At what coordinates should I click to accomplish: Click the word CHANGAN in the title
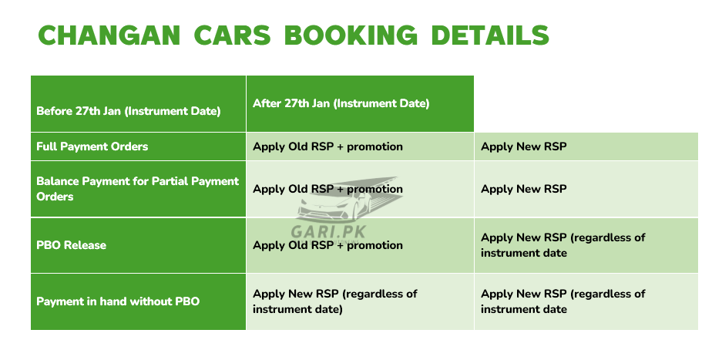[x=109, y=35]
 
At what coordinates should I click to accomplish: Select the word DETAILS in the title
[x=490, y=35]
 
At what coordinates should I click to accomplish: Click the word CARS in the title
[x=232, y=35]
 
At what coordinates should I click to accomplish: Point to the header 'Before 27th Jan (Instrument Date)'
[x=128, y=112]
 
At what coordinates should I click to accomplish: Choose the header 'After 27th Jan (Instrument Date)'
[x=341, y=103]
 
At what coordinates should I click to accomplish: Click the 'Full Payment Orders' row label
[x=92, y=146]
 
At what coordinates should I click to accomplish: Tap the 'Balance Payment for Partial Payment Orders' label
[x=138, y=189]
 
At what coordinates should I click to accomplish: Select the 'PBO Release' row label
[x=71, y=245]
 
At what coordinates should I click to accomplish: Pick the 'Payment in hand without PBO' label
[x=118, y=301]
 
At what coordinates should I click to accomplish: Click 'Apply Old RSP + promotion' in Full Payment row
[x=327, y=146]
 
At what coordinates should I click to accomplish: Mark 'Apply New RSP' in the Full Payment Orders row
[x=523, y=146]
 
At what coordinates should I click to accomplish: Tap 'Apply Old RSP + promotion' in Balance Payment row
[x=327, y=189]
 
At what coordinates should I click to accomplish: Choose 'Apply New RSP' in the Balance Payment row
[x=523, y=189]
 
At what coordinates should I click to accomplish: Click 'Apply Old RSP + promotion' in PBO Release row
[x=327, y=245]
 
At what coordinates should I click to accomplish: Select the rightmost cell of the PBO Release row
[x=586, y=245]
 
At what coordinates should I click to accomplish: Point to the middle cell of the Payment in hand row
[x=360, y=302]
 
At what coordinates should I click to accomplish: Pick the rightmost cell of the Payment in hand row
[x=586, y=302]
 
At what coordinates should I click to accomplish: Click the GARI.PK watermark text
[x=327, y=231]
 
